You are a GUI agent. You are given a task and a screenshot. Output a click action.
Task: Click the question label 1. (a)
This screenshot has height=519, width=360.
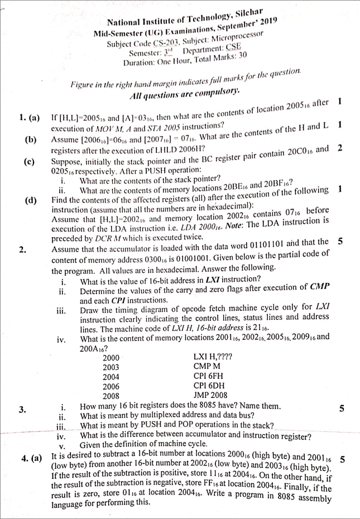(x=29, y=118)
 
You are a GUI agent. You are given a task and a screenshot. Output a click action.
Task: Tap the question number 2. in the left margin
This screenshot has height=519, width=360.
(x=22, y=249)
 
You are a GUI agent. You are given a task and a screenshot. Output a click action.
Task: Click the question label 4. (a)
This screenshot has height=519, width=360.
(x=32, y=459)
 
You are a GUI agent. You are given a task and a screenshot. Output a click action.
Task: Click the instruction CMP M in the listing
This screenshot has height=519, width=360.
(x=207, y=366)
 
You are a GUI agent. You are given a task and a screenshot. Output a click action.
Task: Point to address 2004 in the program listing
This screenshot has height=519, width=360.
(x=111, y=376)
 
